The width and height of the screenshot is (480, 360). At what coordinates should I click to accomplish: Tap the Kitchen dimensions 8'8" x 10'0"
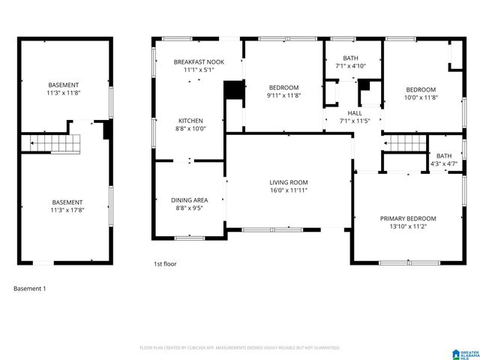tap(191, 129)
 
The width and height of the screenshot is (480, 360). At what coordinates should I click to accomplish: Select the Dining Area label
tap(189, 199)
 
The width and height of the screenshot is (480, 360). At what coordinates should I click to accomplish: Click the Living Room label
tap(289, 182)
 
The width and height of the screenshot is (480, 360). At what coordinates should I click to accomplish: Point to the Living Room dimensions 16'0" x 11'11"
tap(289, 190)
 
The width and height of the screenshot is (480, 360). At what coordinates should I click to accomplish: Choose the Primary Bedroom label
tap(407, 218)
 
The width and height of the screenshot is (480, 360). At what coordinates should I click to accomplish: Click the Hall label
tap(355, 112)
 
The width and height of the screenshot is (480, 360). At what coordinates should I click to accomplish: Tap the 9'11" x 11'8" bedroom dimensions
tap(283, 96)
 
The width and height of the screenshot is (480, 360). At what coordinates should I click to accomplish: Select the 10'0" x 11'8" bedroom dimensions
tap(420, 96)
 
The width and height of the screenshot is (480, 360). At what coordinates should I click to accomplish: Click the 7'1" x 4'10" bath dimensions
tap(351, 66)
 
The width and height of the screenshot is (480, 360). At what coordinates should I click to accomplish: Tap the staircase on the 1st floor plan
tap(404, 142)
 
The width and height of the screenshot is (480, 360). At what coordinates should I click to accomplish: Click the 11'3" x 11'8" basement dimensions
tap(64, 94)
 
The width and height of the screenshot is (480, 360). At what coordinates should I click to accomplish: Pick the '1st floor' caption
tap(164, 264)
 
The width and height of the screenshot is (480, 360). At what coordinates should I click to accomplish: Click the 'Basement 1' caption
tap(30, 289)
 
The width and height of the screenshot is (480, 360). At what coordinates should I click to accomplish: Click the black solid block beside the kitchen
tap(235, 89)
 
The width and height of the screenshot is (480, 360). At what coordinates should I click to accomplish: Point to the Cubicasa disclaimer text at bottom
tap(240, 347)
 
